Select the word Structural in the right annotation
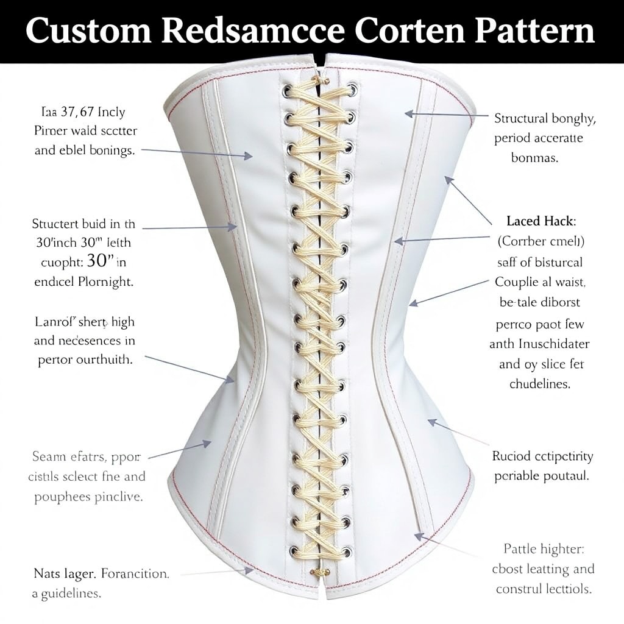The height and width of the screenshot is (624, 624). (521, 119)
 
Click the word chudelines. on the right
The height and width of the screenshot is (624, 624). (539, 384)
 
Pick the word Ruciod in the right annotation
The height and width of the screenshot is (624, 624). (512, 456)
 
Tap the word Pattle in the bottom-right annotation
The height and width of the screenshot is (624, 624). (520, 550)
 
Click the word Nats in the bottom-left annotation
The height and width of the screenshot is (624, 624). (48, 573)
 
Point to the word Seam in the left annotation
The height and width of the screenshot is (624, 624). (48, 456)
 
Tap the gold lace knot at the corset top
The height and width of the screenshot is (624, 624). (320, 80)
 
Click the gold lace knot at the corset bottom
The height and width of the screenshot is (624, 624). (320, 572)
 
